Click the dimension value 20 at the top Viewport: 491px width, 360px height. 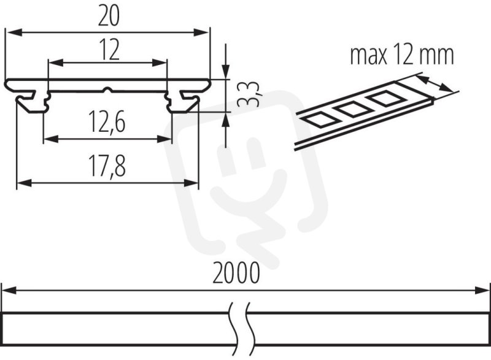[109, 17]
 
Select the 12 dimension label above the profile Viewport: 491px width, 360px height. [109, 50]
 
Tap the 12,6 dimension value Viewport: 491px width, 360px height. [107, 121]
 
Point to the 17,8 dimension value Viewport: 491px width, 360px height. [107, 166]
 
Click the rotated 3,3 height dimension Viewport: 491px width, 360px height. [249, 94]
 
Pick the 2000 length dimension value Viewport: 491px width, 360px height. [236, 273]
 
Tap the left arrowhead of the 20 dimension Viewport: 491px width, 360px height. [14, 32]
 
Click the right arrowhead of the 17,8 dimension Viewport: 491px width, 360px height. [191, 183]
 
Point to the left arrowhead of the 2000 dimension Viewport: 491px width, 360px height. [9, 290]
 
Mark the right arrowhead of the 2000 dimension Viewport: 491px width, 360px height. [482, 290]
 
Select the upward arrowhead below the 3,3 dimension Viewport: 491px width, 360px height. [226, 119]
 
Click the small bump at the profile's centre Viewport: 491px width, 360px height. [107, 90]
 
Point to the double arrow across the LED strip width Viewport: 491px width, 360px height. [435, 83]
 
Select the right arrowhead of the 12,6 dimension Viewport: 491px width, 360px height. [164, 139]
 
